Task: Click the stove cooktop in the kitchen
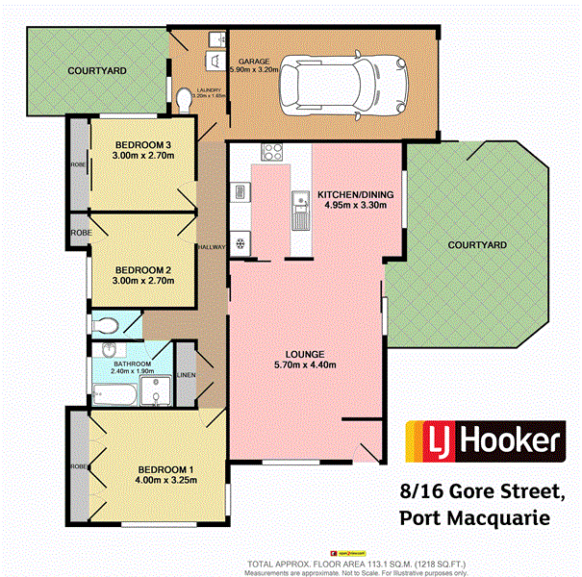272,152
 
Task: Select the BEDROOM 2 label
141,269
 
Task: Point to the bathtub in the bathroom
114,391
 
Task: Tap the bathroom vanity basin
112,350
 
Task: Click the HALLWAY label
211,247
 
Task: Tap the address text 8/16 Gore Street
482,491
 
